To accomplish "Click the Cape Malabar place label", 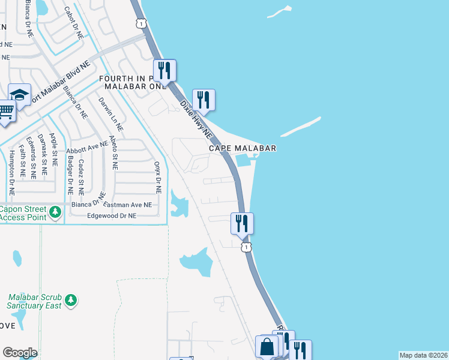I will tap(243, 148).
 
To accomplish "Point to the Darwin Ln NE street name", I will tap(110, 114).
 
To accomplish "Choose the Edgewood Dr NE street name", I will tap(112, 215).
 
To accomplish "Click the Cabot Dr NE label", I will tap(77, 23).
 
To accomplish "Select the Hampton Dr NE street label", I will tap(11, 165).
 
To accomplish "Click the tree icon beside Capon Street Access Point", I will tap(55, 212).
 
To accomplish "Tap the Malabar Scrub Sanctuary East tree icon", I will tap(71, 299).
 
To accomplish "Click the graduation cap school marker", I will tap(20, 94).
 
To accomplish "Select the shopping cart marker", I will tap(5, 110).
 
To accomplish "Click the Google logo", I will tap(20, 353).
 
